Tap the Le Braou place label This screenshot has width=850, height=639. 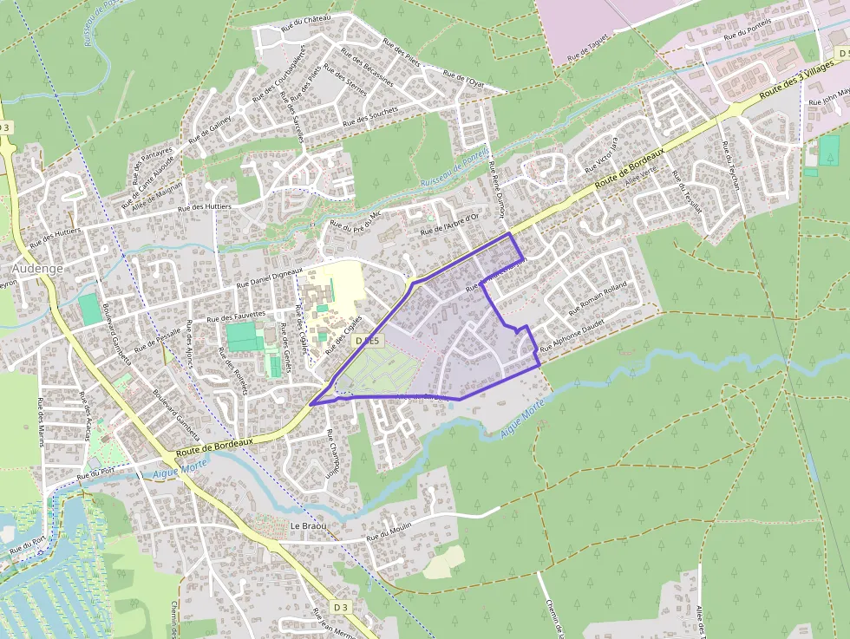point(307,526)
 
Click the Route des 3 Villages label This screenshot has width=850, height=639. point(795,84)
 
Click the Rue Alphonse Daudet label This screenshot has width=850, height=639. point(572,336)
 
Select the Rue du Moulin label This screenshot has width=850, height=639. point(388,534)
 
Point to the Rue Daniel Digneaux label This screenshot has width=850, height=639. point(270,277)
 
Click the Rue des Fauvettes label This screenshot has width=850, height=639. point(237,316)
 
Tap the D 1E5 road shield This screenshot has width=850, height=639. point(369,342)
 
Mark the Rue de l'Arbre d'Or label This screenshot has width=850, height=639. point(449,225)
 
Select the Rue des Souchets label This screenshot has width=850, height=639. point(370,116)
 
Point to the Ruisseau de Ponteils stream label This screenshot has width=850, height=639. point(454,167)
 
